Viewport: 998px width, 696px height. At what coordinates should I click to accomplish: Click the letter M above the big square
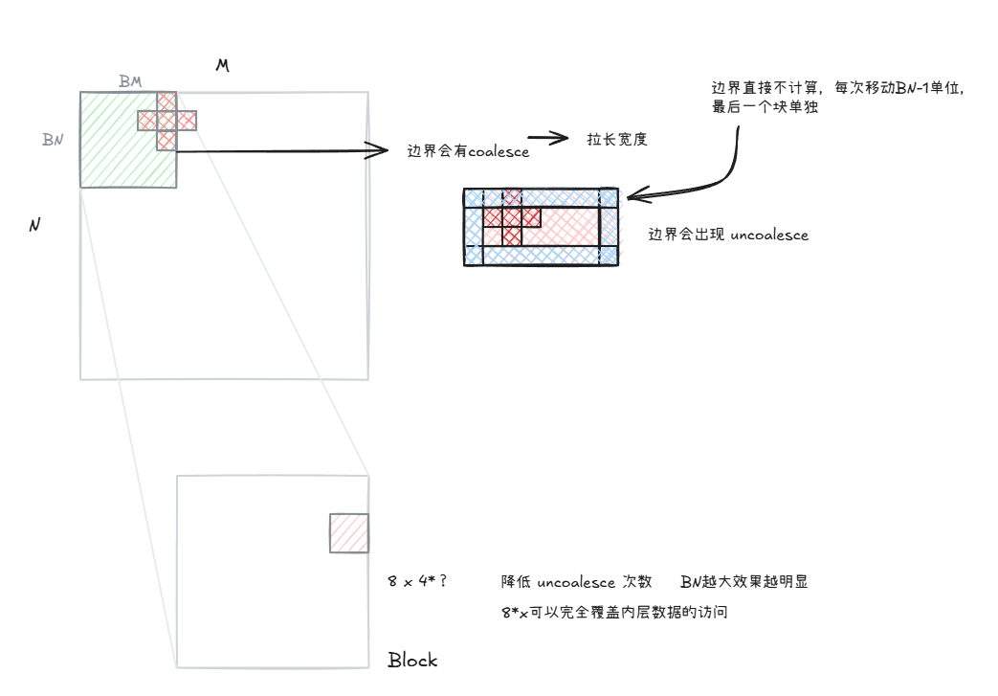point(222,65)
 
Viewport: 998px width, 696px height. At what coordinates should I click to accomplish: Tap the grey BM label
point(130,80)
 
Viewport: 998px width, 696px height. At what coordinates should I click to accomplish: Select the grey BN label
point(53,140)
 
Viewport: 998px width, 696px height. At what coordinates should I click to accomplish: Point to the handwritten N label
point(35,225)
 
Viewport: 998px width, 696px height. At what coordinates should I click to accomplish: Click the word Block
point(412,660)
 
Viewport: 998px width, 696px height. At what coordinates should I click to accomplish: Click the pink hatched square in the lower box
point(349,533)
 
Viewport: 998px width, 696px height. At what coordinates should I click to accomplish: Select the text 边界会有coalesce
point(468,151)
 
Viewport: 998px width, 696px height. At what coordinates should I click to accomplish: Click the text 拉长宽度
point(617,140)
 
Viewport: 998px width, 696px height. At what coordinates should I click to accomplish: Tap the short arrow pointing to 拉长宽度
point(548,137)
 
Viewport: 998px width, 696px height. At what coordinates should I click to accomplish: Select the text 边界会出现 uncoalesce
point(728,235)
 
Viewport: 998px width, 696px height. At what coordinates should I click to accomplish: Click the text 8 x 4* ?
point(417,581)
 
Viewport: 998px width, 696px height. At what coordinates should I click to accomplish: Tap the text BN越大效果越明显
point(744,581)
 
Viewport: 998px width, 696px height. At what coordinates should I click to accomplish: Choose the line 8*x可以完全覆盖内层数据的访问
point(614,613)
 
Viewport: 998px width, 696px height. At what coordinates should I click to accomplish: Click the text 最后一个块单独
point(765,107)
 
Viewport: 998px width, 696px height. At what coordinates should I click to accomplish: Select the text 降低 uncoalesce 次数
point(577,582)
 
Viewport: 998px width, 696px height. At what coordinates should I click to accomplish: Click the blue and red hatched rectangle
point(541,227)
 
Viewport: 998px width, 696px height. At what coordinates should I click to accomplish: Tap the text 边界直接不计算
point(765,88)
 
